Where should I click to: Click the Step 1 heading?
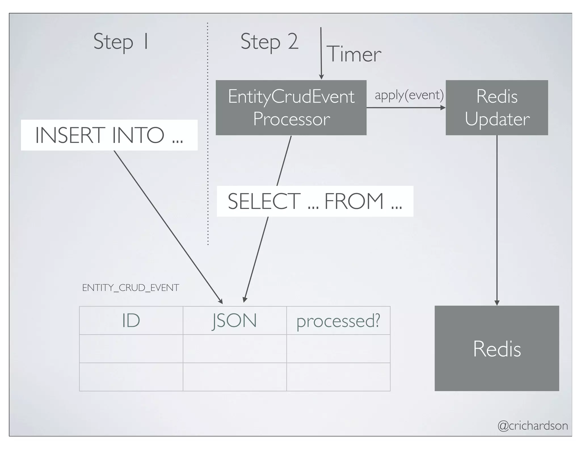[121, 42]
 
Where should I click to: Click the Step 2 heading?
[269, 42]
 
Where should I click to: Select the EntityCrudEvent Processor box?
[291, 108]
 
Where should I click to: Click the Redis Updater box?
[497, 108]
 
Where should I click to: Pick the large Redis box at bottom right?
[497, 348]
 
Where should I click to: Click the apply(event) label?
[409, 95]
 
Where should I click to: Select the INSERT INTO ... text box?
[109, 135]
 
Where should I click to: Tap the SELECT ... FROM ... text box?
[315, 201]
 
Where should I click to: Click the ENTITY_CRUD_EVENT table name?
[130, 288]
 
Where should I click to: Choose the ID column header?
[131, 321]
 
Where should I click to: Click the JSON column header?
[235, 321]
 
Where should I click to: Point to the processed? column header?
[338, 321]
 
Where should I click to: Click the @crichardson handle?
[532, 426]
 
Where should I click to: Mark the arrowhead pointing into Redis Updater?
[443, 108]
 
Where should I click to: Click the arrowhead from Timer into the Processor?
[321, 77]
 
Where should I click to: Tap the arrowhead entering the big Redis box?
[497, 303]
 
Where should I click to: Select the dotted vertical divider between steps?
[208, 133]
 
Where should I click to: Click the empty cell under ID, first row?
[131, 349]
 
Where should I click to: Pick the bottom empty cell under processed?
[338, 377]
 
